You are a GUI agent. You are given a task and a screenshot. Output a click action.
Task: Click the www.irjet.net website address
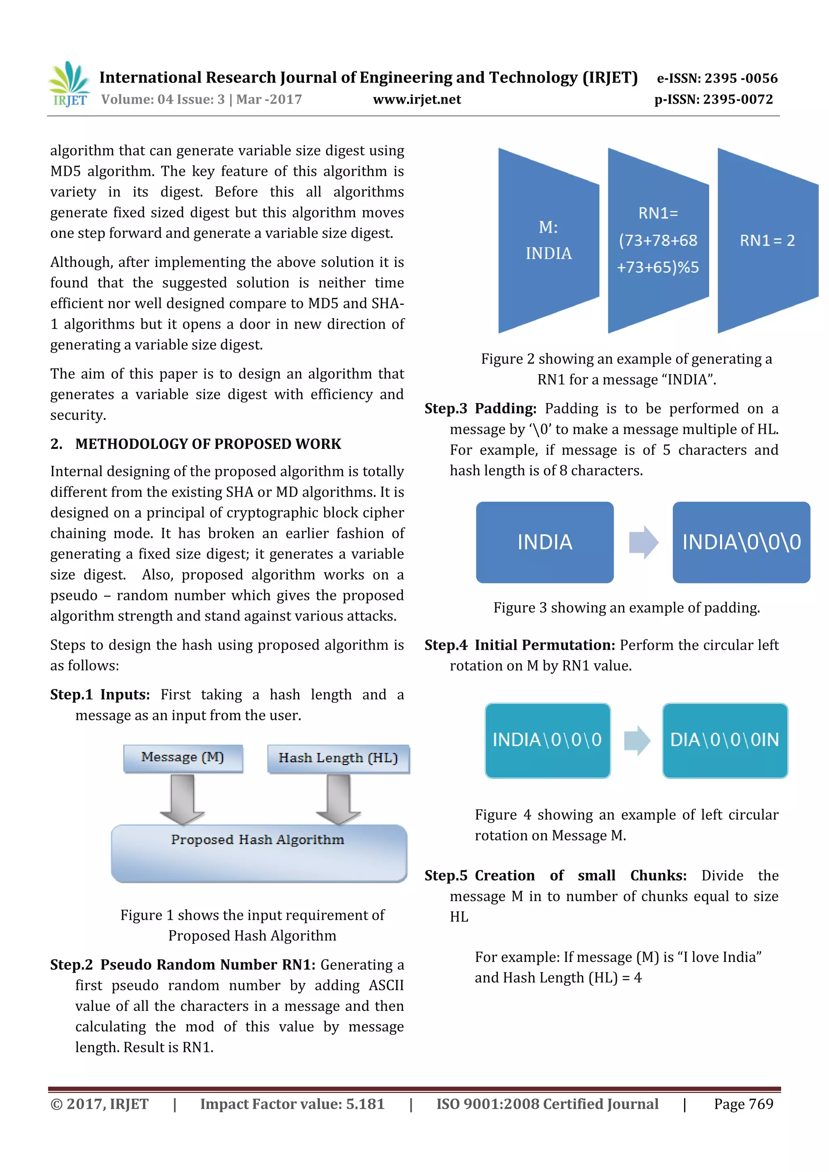[417, 100]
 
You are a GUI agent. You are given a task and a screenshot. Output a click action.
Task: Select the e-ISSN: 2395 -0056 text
[717, 78]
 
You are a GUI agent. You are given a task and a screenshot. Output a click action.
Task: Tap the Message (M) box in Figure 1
[183, 757]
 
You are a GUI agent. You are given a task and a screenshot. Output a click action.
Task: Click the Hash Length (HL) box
[338, 759]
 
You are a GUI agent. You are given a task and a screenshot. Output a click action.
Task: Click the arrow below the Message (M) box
[182, 798]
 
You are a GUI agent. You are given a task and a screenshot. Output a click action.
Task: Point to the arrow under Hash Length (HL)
[338, 798]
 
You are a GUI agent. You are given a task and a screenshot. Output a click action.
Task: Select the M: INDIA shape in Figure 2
[548, 240]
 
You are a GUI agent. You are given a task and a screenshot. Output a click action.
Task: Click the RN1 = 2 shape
[767, 240]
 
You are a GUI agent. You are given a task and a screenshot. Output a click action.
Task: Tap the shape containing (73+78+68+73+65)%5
[658, 240]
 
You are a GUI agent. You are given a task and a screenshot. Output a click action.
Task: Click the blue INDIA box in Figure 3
[545, 542]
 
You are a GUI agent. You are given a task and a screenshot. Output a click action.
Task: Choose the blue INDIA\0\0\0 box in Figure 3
[741, 542]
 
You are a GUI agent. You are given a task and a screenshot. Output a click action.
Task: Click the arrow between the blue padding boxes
[643, 542]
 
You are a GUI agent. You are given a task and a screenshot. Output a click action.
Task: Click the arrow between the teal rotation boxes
[637, 740]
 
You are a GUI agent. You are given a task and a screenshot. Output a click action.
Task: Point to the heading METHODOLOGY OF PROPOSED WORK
[208, 444]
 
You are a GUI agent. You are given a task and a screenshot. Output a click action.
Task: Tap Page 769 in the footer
[743, 1104]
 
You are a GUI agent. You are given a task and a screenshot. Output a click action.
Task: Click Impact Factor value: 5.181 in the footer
[292, 1104]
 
